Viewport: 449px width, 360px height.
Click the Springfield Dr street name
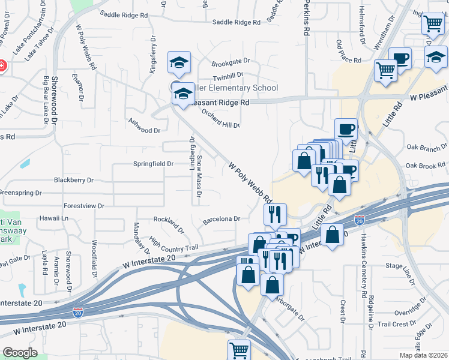coord(153,163)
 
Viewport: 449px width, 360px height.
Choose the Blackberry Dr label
coord(74,179)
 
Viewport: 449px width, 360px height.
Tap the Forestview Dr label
coord(83,206)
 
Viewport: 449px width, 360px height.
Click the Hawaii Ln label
coord(53,218)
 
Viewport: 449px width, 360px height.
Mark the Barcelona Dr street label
coord(221,219)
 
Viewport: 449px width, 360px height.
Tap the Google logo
coord(20,353)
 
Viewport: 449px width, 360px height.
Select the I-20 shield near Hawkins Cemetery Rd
coord(359,221)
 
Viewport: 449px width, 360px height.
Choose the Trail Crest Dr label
coord(393,324)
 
